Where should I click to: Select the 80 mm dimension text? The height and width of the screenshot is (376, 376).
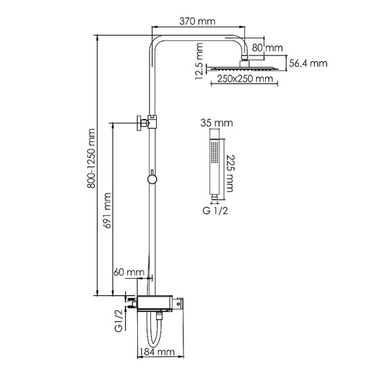tap(268, 48)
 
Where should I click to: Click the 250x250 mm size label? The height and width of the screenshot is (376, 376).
tap(246, 79)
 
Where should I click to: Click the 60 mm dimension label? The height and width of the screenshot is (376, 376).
tap(128, 273)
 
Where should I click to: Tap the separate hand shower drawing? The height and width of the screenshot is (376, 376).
tap(215, 164)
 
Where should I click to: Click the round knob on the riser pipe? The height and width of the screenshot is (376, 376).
tap(151, 180)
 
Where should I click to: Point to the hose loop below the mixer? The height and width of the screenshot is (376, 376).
tap(157, 332)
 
